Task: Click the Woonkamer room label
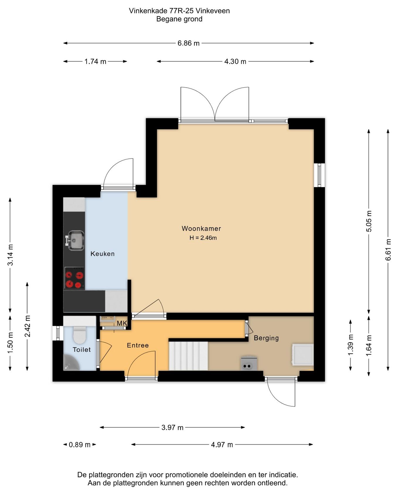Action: [201, 228]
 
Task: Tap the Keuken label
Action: [102, 254]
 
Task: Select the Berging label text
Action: [266, 338]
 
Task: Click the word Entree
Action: [138, 345]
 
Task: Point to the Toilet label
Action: [81, 349]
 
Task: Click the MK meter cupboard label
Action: [122, 323]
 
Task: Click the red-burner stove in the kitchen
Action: [74, 278]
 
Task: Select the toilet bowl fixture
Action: [79, 335]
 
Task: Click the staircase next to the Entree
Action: [188, 356]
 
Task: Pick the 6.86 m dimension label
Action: [188, 43]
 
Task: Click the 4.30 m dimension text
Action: [235, 62]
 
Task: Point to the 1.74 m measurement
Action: [95, 62]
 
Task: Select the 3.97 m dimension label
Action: [172, 428]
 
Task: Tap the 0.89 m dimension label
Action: [80, 445]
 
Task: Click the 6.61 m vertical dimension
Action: [388, 250]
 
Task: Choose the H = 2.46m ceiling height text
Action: [203, 238]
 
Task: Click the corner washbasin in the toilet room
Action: [70, 363]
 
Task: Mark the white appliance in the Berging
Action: [302, 355]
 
